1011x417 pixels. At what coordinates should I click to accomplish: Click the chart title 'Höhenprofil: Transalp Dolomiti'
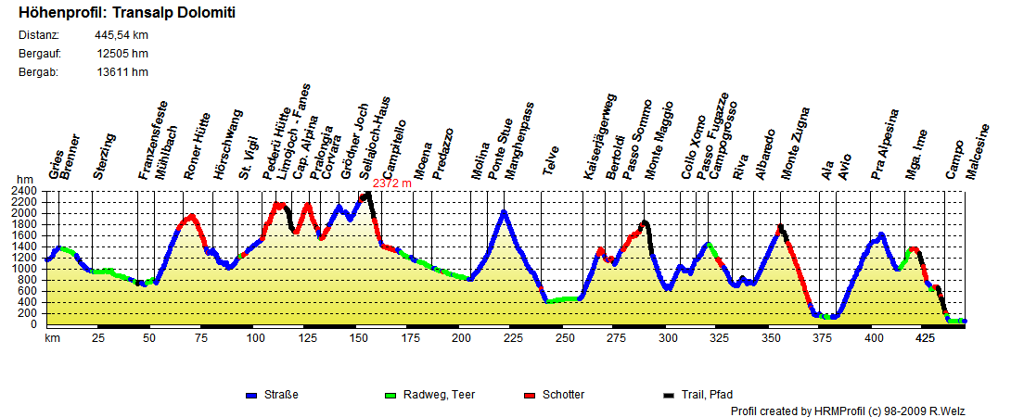point(126,13)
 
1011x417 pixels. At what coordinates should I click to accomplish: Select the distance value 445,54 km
point(122,35)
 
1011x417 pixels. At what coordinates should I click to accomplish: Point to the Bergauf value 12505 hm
point(122,54)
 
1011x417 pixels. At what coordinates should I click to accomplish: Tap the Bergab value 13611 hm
point(122,72)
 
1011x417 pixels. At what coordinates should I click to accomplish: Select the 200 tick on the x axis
point(461,339)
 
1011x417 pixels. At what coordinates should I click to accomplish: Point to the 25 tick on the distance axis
point(97,339)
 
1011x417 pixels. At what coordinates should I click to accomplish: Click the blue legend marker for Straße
point(250,396)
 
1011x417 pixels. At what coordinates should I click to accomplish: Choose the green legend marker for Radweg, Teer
point(390,396)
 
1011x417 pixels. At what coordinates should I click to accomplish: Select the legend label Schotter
point(564,395)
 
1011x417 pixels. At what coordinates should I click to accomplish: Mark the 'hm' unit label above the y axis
point(24,180)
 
